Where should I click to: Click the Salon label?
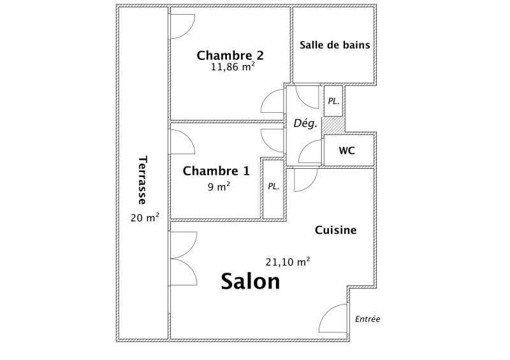[x=251, y=281]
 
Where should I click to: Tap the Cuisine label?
[x=336, y=230]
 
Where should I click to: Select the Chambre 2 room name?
[x=230, y=55]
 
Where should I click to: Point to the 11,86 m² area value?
[x=233, y=67]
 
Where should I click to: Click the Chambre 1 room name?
[x=216, y=171]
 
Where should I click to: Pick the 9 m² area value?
[x=219, y=187]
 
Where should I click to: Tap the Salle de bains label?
[x=335, y=45]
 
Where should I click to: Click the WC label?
[x=347, y=150]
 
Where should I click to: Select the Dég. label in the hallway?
[x=305, y=123]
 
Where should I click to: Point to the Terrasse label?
[x=142, y=180]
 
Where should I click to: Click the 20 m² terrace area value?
[x=145, y=217]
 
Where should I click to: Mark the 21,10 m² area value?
[x=288, y=261]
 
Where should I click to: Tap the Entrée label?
[x=368, y=319]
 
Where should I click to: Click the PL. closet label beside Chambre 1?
[x=273, y=187]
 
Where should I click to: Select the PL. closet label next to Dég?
[x=333, y=101]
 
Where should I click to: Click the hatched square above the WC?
[x=333, y=124]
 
